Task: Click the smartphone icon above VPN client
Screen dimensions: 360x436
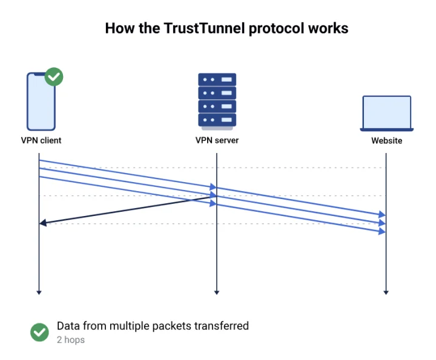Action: [x=41, y=101]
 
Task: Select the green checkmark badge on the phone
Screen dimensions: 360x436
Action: [x=54, y=77]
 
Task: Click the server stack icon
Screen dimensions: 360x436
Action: [x=217, y=100]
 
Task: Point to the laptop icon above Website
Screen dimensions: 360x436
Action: [x=386, y=113]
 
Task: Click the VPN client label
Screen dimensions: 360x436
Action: [x=41, y=140]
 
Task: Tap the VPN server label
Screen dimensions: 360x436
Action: [x=217, y=140]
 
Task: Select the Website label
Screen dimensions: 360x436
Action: [x=386, y=141]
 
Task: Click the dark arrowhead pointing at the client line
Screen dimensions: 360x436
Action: [x=43, y=223]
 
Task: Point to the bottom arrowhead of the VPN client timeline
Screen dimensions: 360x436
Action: [x=39, y=292]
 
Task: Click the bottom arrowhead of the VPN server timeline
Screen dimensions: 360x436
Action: [x=216, y=292]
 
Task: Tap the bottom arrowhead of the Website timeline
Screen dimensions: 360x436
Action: [x=386, y=292]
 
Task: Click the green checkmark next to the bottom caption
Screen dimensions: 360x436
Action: [x=40, y=332]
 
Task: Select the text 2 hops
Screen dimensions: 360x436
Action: [x=71, y=340]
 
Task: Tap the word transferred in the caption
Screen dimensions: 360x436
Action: [x=221, y=326]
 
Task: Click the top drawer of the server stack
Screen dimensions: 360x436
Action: [x=217, y=79]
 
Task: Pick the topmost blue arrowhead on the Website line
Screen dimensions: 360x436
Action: [x=381, y=215]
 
